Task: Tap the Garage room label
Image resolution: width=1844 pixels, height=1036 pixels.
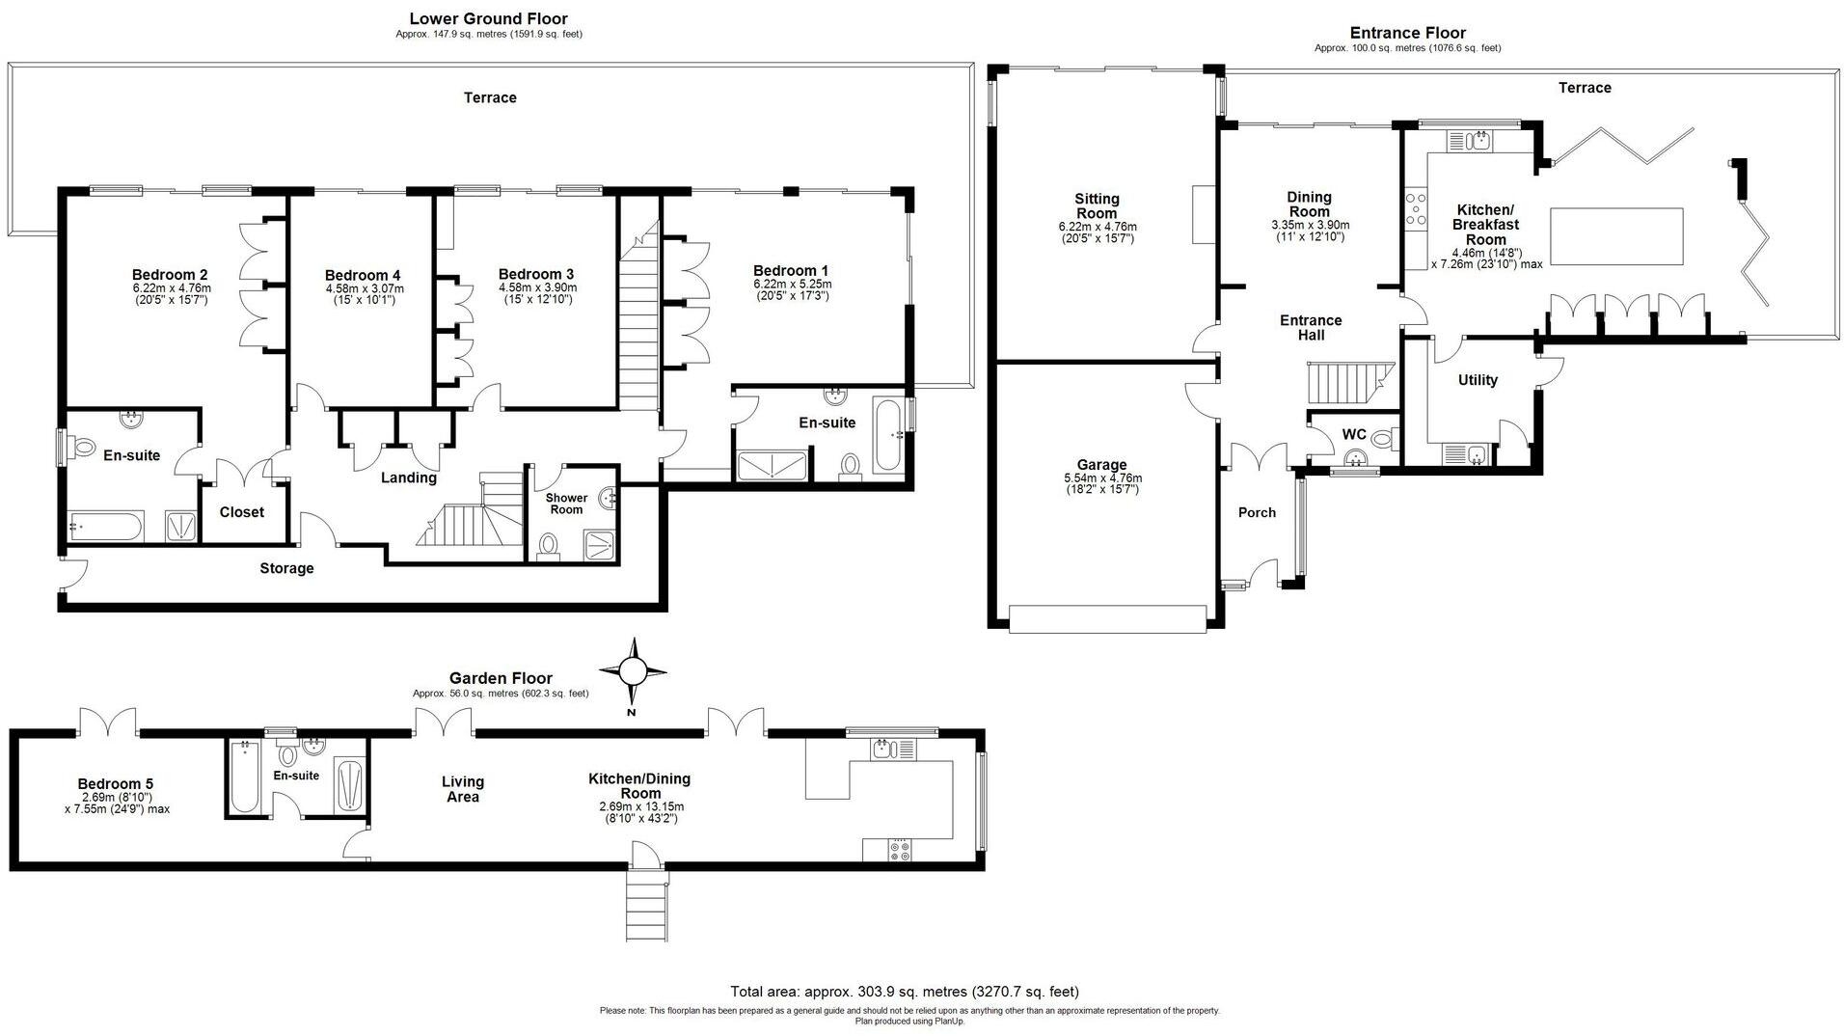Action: [x=1101, y=465]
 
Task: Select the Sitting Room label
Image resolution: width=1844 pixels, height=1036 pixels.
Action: [x=1097, y=206]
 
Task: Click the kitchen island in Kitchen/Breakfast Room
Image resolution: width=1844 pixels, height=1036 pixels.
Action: [x=1616, y=236]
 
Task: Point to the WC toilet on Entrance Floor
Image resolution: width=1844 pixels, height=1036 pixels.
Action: [x=1383, y=440]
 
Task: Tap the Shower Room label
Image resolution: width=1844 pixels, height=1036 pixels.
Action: [x=566, y=504]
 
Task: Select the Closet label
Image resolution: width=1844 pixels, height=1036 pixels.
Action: [x=241, y=512]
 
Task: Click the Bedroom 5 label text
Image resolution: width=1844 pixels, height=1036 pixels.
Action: [x=116, y=784]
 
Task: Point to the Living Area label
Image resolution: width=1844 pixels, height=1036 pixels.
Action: [x=463, y=789]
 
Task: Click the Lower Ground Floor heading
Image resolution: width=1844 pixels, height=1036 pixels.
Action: [x=488, y=18]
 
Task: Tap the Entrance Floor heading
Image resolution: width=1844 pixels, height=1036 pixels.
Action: [x=1408, y=33]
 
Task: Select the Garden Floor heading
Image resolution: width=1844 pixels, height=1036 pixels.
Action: [x=501, y=678]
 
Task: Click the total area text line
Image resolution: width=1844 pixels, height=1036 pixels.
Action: [x=905, y=992]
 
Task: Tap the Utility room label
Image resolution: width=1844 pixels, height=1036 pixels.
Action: [x=1478, y=380]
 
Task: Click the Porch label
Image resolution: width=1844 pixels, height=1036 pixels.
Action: [x=1257, y=512]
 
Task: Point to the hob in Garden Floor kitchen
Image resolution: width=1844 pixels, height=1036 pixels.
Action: [x=900, y=850]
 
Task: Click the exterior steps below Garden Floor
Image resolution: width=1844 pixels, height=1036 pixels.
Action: [x=647, y=905]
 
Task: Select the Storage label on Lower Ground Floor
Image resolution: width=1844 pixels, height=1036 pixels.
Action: [x=286, y=568]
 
